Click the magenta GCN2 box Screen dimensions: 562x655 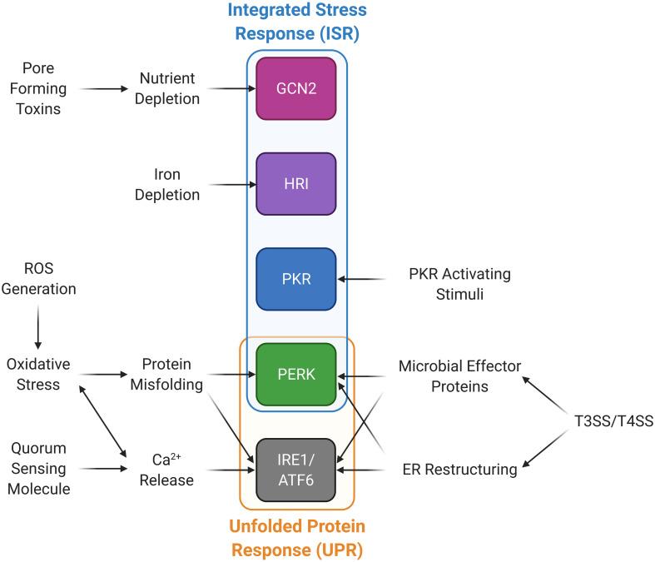click(296, 88)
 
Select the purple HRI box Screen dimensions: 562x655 click(296, 184)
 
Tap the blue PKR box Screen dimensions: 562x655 click(296, 279)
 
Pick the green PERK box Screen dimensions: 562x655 click(296, 375)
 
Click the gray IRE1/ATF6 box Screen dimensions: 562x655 click(296, 470)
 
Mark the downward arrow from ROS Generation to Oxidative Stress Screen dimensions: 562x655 click(37, 327)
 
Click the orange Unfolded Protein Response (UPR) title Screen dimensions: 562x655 click(297, 537)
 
